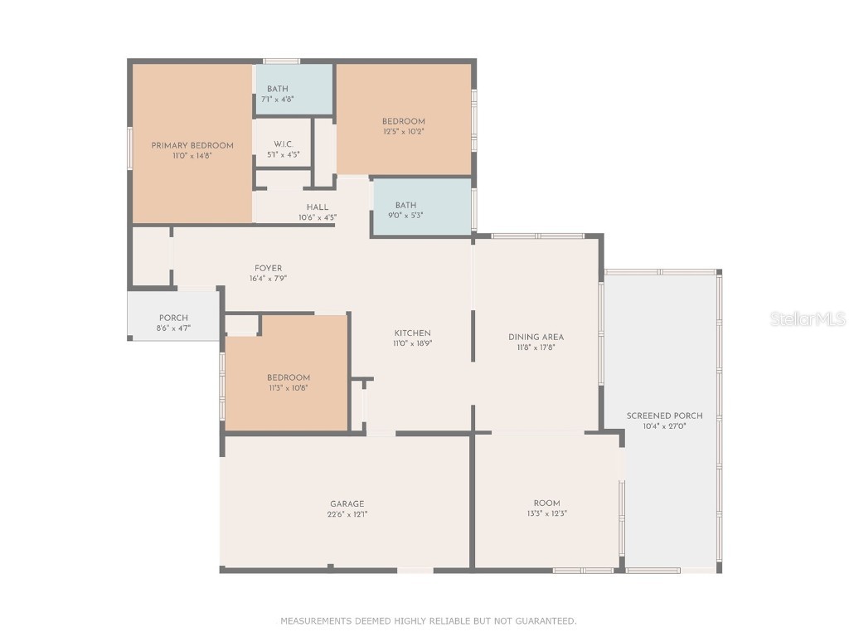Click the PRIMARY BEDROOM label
(x=192, y=145)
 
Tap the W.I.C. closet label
(x=283, y=143)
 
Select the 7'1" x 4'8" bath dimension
(x=278, y=99)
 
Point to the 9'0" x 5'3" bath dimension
(x=405, y=215)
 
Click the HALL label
(x=318, y=207)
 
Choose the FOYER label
(x=268, y=268)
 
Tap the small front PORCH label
(x=173, y=318)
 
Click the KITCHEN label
(x=412, y=333)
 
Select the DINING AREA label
(x=536, y=337)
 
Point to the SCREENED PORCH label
(x=665, y=416)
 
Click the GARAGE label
(x=347, y=503)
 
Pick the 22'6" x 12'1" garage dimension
(x=347, y=513)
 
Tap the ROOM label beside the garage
(x=546, y=503)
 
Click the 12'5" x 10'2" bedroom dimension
(x=404, y=131)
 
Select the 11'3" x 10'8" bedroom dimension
(x=289, y=387)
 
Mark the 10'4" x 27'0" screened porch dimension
(x=665, y=426)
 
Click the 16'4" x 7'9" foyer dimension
(x=268, y=279)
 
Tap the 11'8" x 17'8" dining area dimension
(x=536, y=348)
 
